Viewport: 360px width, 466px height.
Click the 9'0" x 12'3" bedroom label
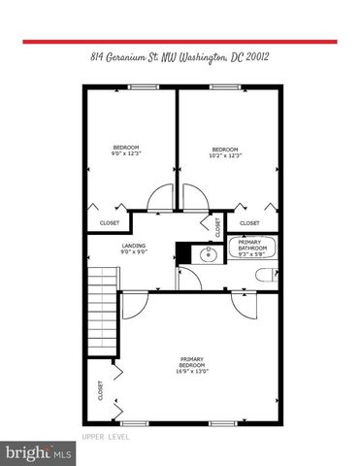(128, 150)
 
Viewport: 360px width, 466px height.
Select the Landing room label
(133, 248)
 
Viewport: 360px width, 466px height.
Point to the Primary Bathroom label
(252, 248)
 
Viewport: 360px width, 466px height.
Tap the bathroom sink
(207, 255)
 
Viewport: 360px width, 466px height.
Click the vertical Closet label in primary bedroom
(100, 390)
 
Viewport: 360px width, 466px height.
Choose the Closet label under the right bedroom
(249, 223)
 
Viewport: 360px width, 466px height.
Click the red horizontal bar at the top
(180, 42)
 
